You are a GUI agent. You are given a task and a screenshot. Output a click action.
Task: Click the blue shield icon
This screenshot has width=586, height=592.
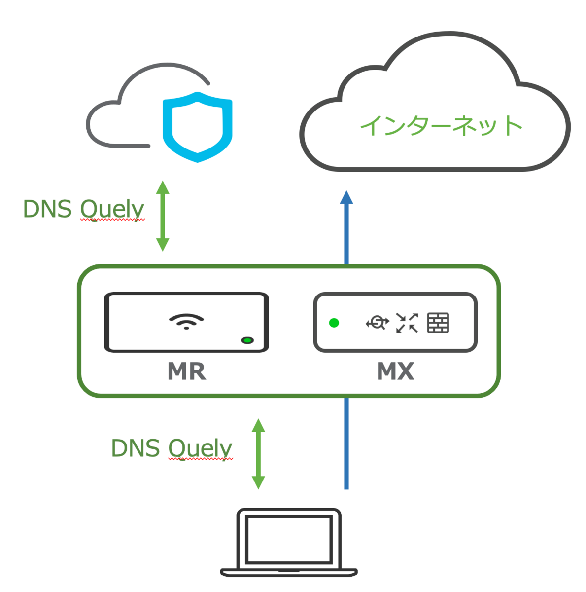[197, 127]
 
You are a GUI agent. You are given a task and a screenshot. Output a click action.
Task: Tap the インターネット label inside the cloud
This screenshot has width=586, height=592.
[441, 125]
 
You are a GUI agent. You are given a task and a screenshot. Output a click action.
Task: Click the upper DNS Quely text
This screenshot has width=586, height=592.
[84, 209]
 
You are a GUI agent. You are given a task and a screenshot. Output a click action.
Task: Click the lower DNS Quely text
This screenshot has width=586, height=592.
[172, 448]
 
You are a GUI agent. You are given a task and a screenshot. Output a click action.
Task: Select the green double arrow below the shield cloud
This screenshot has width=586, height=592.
[163, 216]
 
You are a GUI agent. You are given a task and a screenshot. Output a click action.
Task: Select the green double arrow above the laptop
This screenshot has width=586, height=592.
[258, 454]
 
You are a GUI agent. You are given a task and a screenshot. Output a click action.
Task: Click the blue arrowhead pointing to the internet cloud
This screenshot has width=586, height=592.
[346, 198]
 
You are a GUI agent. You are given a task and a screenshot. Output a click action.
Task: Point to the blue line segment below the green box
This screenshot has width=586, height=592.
[346, 444]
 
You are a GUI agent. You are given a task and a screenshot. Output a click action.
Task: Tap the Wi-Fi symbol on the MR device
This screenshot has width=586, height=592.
[186, 321]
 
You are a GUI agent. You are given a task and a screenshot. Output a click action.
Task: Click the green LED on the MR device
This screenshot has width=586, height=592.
[247, 340]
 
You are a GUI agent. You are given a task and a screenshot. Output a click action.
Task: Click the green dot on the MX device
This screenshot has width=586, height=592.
[334, 323]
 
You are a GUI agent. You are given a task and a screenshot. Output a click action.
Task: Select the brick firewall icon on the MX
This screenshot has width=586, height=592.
[438, 323]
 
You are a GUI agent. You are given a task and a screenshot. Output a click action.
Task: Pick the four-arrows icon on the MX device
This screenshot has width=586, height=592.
[407, 323]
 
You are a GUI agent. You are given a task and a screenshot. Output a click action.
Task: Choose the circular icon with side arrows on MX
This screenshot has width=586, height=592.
[377, 323]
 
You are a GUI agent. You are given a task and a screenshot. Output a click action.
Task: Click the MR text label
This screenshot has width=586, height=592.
[187, 371]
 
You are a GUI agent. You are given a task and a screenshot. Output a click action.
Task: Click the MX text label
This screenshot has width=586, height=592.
[395, 371]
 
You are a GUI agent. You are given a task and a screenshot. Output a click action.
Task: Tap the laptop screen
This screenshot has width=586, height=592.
[288, 539]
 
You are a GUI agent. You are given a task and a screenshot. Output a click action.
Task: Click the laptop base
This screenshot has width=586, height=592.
[288, 572]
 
